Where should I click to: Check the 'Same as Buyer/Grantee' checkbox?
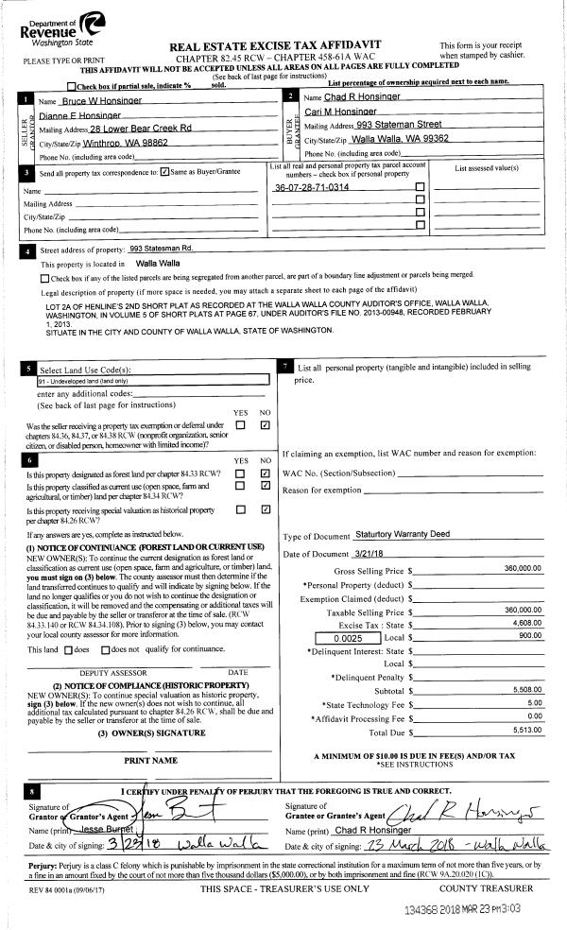164,172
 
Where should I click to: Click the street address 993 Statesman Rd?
161,248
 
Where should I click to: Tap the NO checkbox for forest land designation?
266,473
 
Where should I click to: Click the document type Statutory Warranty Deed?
409,534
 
